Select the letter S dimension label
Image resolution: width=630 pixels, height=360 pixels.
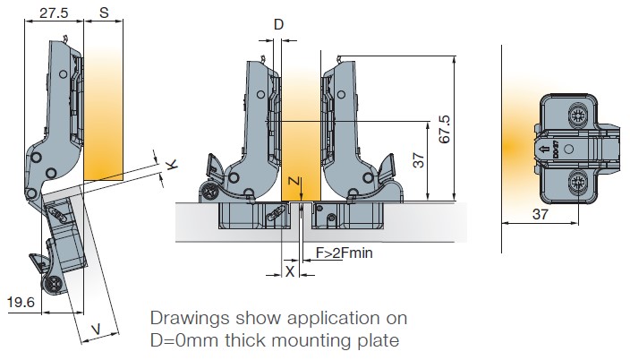(105, 13)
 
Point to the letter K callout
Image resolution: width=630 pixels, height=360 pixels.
(172, 164)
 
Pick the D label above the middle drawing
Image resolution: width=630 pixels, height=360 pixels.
(278, 25)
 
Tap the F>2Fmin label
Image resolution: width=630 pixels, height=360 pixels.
(344, 253)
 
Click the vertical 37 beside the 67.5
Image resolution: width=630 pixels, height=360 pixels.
(417, 160)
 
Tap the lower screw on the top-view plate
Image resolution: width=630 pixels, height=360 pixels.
(575, 182)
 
